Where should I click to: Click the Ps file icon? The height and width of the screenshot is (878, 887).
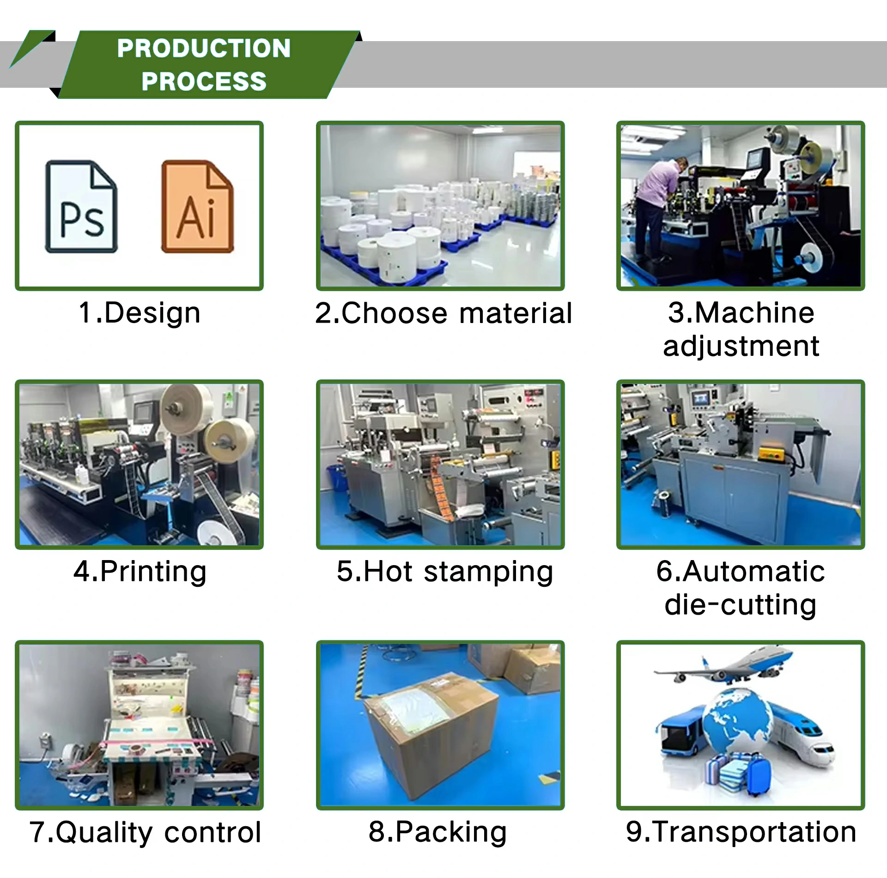click(x=81, y=207)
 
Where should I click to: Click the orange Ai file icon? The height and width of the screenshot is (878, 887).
click(x=198, y=207)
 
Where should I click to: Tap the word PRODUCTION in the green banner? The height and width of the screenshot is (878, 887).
click(x=204, y=48)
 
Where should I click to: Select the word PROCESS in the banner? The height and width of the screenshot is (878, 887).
click(x=204, y=81)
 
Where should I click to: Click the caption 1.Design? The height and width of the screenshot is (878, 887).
click(x=140, y=313)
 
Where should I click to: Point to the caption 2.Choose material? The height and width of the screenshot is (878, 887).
click(x=443, y=313)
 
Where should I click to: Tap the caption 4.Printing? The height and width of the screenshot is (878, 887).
click(x=140, y=572)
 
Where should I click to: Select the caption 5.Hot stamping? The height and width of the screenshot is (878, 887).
click(x=445, y=572)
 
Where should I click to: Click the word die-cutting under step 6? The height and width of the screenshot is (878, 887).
click(x=741, y=605)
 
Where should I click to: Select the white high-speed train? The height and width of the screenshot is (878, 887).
click(x=802, y=735)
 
